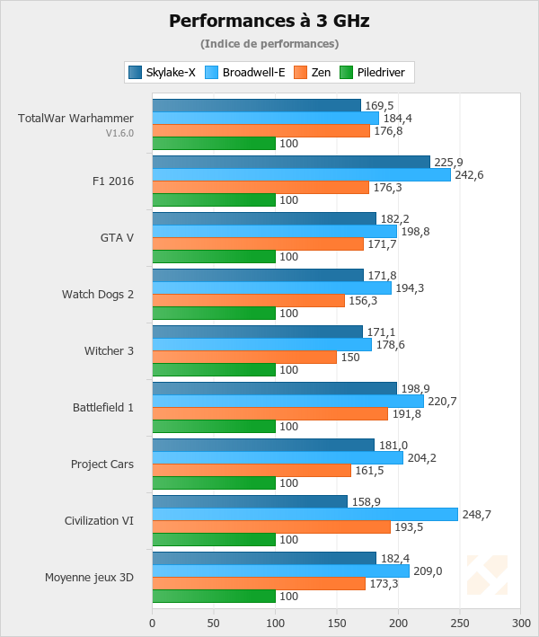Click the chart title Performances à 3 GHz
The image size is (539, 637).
[269, 20]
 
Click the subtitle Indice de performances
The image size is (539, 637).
[269, 43]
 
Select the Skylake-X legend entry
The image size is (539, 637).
[163, 73]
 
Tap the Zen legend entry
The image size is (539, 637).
[314, 73]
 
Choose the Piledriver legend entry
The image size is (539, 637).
[371, 73]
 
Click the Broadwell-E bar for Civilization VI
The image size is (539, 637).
[305, 514]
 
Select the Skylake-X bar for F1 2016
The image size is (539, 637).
[291, 162]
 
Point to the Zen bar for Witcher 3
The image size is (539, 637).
[244, 357]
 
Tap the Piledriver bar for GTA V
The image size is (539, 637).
[214, 256]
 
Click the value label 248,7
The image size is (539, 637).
[477, 514]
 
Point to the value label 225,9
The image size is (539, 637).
[449, 162]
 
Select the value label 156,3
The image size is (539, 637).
[364, 300]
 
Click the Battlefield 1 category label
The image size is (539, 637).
[103, 407]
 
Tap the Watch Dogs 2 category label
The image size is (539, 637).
[98, 294]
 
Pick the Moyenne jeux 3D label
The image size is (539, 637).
[90, 577]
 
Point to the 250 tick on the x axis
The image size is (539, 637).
[459, 620]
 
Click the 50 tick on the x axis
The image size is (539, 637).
[214, 620]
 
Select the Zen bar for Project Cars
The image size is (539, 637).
[252, 470]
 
